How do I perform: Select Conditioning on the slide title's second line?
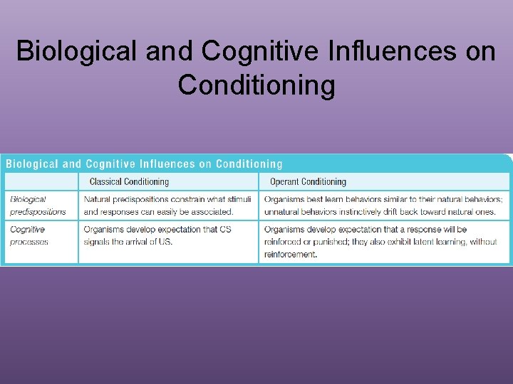click(256, 85)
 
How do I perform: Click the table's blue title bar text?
click(145, 164)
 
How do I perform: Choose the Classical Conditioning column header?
click(129, 182)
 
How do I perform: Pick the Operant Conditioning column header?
click(308, 182)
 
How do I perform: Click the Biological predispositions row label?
click(37, 206)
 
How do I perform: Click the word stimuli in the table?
click(237, 199)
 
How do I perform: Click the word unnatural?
click(284, 212)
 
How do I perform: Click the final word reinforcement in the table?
click(289, 255)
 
